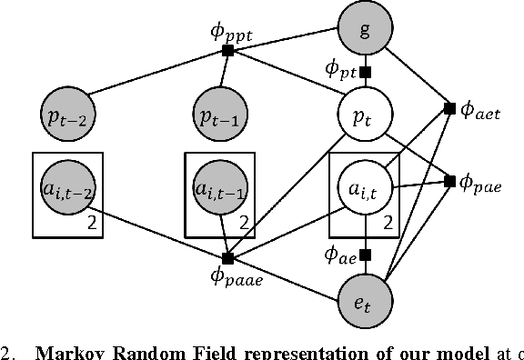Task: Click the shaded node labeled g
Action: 365,27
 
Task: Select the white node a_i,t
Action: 364,190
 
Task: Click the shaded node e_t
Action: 364,298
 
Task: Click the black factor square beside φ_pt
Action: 365,72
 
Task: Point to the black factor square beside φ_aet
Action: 448,108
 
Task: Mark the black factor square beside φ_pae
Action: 449,182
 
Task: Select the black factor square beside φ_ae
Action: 365,255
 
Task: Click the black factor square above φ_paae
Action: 227,258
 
